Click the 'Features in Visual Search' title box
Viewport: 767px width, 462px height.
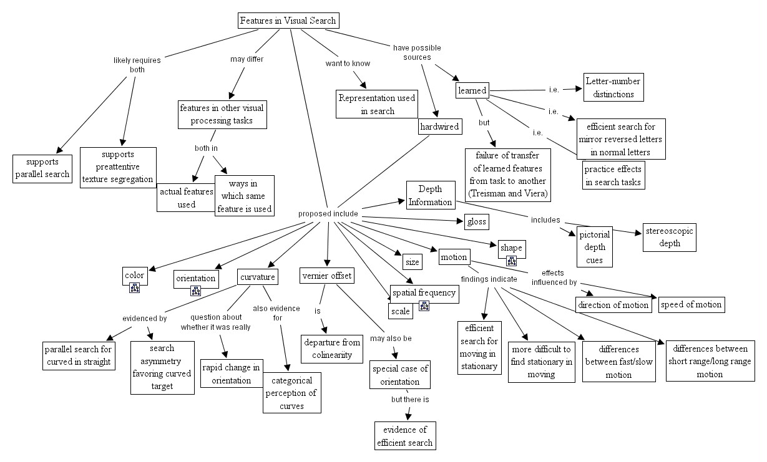288,21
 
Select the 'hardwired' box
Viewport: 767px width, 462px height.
439,127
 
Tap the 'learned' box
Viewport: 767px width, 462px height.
472,90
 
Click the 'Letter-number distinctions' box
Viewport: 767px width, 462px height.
613,87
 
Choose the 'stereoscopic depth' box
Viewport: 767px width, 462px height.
668,237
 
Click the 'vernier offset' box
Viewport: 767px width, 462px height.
326,276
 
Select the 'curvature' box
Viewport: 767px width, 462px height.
257,276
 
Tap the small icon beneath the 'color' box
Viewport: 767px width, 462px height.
134,287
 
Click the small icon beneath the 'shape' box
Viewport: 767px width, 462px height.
511,261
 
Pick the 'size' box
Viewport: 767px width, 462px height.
411,261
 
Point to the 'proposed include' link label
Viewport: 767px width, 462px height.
328,214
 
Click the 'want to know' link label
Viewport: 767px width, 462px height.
348,64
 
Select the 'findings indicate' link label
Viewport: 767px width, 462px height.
489,279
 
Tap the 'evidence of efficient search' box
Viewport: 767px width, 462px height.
404,436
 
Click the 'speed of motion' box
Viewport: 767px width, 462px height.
691,304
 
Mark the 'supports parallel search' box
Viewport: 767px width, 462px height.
42,168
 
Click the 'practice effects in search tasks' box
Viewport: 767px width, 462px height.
612,175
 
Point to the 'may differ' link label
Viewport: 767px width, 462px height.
247,59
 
